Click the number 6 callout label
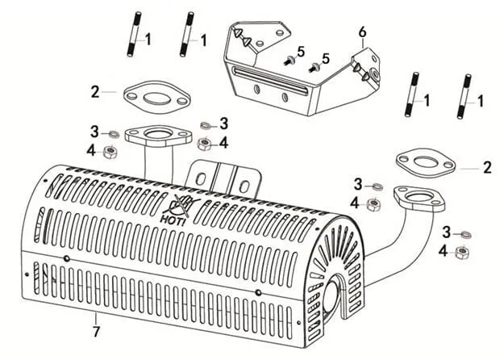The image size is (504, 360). [363, 31]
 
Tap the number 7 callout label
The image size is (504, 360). [96, 331]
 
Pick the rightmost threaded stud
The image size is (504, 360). [466, 97]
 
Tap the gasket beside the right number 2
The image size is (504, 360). [425, 161]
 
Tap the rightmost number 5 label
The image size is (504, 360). [326, 58]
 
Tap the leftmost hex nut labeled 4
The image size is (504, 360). [111, 151]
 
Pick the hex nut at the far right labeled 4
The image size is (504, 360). [461, 252]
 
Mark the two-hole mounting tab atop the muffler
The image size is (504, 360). [223, 178]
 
